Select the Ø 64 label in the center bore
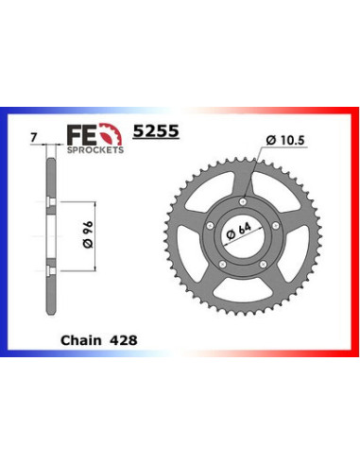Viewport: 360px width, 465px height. tap(242, 232)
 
